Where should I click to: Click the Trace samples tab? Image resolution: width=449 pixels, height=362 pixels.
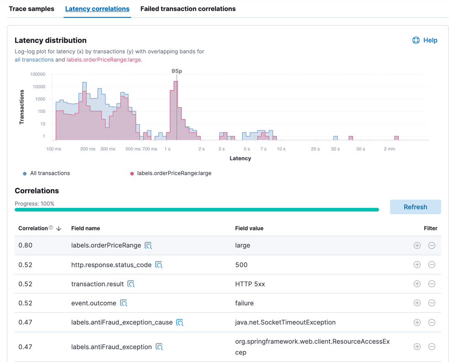32,9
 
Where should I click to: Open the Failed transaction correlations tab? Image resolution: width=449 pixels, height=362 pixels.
188,9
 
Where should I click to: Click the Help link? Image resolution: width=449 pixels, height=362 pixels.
425,40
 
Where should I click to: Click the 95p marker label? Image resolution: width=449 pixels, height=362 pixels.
177,71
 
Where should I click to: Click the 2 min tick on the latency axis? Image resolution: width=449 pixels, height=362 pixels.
389,149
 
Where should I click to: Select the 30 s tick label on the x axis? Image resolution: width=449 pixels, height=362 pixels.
335,149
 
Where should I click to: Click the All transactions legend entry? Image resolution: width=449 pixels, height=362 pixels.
49,173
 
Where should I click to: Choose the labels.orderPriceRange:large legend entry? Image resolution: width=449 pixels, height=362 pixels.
174,173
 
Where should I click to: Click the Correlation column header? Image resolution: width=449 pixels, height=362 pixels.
33,228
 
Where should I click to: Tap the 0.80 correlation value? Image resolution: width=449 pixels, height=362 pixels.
25,245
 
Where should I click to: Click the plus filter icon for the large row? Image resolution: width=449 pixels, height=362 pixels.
417,245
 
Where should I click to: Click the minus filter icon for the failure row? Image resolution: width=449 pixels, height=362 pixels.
432,303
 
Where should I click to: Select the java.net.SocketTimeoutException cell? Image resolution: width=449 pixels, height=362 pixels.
285,322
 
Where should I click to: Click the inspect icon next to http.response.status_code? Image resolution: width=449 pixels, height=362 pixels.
159,265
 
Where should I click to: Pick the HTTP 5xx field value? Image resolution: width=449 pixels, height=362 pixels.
250,284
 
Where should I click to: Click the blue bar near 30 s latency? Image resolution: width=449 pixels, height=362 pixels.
335,138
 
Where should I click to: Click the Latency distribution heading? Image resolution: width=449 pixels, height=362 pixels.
50,40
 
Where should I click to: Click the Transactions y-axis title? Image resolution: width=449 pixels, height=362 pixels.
21,107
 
